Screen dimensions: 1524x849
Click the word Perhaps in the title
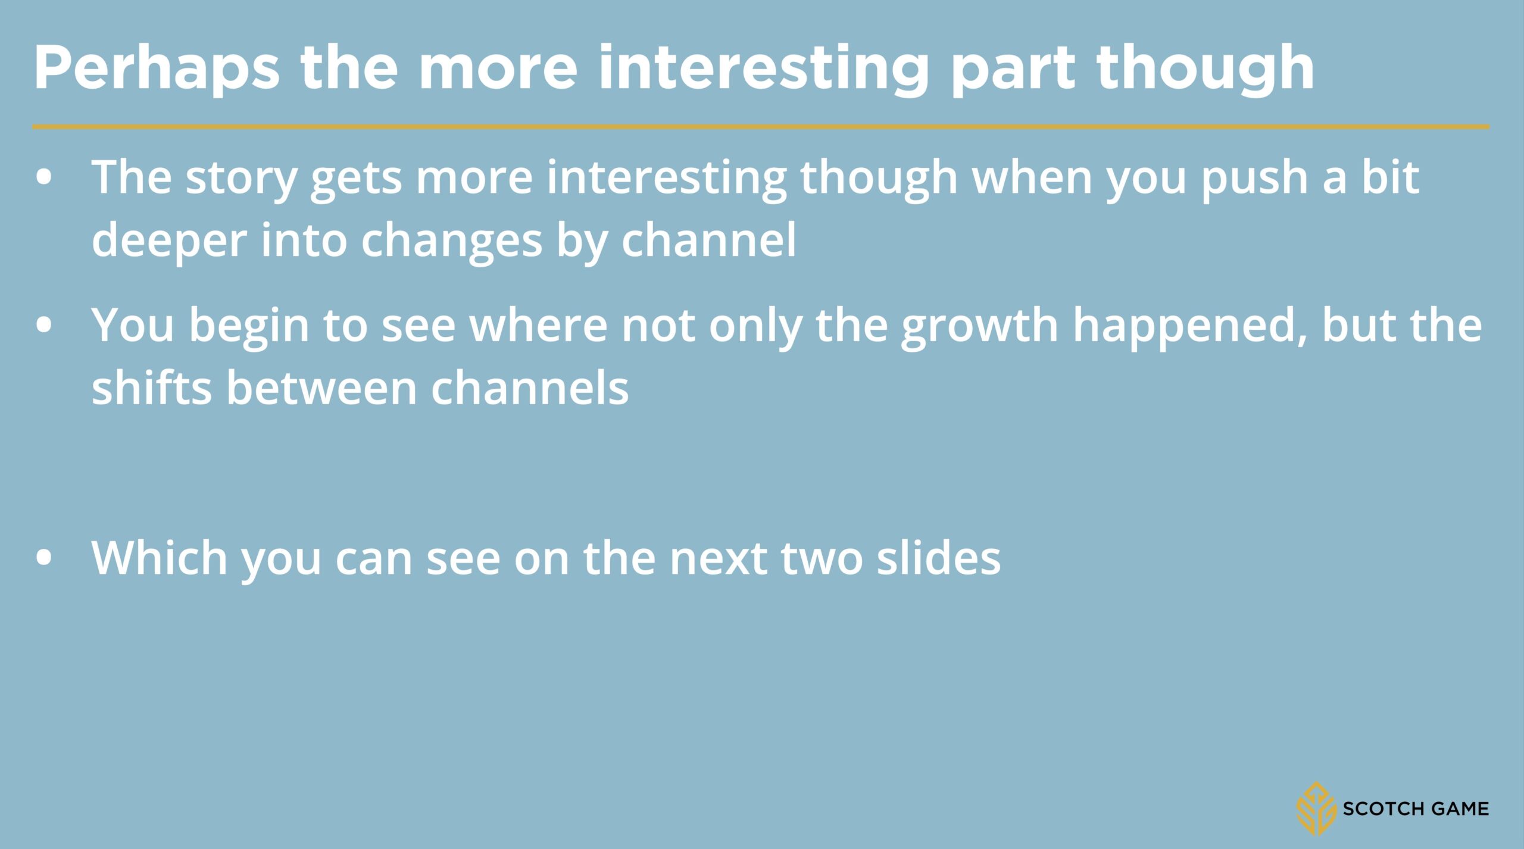pyautogui.click(x=157, y=69)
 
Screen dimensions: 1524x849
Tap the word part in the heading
pyautogui.click(x=1013, y=71)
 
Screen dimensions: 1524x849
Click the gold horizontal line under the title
pyautogui.click(x=761, y=127)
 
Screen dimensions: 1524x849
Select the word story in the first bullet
pyautogui.click(x=241, y=180)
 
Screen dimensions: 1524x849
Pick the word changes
pyautogui.click(x=451, y=242)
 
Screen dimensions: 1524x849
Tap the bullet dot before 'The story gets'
pyautogui.click(x=44, y=179)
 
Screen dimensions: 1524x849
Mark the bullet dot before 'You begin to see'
pyautogui.click(x=44, y=326)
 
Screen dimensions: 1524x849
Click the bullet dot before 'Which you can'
pyautogui.click(x=44, y=558)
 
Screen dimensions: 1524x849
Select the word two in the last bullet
pyautogui.click(x=822, y=560)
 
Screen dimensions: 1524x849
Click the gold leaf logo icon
pyautogui.click(x=1317, y=807)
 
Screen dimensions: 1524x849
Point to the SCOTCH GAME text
pyautogui.click(x=1416, y=809)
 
